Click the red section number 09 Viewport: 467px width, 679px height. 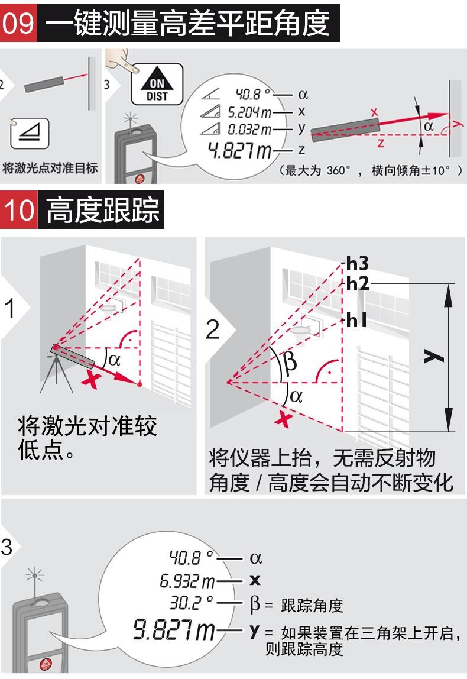[x=18, y=22]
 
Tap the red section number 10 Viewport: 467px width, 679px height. [x=18, y=210]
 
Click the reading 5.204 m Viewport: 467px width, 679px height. [x=249, y=112]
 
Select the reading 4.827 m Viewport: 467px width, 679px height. [x=239, y=150]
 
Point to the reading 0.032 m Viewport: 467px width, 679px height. [x=249, y=129]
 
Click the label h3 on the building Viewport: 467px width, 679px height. [x=358, y=263]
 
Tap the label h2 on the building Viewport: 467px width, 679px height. [x=358, y=284]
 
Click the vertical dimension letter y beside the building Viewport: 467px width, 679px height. [x=434, y=357]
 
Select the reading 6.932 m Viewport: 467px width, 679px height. [x=187, y=581]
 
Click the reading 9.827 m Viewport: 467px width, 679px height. [x=174, y=630]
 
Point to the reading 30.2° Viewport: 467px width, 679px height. [x=191, y=602]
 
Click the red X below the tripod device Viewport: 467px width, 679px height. [x=92, y=380]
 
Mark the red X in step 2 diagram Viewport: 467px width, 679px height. [x=284, y=419]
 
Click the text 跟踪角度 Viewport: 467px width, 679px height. [x=312, y=606]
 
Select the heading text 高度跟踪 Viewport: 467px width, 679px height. [x=103, y=210]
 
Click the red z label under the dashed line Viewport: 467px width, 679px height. [x=381, y=143]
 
